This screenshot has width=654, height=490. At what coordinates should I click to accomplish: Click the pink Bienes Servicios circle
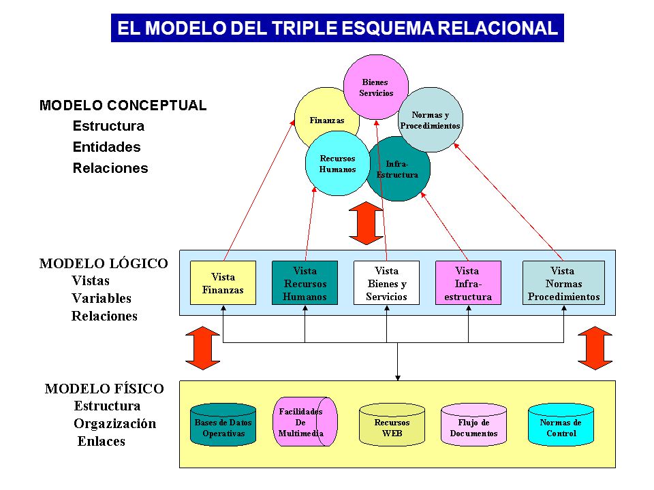pos(376,87)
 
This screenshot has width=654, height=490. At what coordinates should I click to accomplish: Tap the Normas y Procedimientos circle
pos(431,120)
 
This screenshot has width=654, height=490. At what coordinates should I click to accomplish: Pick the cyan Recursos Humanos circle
pos(337,163)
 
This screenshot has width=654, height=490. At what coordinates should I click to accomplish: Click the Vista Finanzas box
pos(223,283)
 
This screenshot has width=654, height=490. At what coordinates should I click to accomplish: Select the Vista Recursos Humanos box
pos(305,283)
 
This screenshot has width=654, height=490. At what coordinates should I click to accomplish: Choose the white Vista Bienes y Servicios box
pos(387,283)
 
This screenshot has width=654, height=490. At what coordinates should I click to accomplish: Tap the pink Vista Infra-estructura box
pos(469,283)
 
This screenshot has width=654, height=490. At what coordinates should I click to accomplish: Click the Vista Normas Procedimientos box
pos(563,283)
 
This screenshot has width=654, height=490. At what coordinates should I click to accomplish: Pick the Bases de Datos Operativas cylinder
pos(223,425)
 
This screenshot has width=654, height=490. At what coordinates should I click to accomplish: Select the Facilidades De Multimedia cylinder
pos(305,422)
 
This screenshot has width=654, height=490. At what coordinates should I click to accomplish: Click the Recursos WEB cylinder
pos(392,425)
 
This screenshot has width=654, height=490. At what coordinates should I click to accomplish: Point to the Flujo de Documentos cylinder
pos(474,425)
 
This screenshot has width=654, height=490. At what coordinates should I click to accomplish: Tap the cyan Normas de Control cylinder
pos(561,425)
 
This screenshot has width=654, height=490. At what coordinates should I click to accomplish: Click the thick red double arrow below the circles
pos(366,223)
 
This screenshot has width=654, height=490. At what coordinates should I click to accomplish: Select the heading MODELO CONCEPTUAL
pos(123,105)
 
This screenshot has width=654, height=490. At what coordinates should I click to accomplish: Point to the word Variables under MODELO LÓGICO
pos(102,298)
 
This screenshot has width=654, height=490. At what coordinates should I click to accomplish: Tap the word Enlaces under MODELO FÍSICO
pos(102,441)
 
